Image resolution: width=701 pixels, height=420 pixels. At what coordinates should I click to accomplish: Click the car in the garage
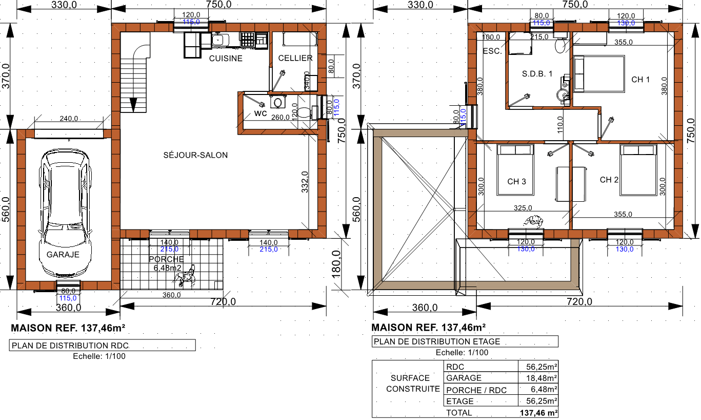[x=65, y=213]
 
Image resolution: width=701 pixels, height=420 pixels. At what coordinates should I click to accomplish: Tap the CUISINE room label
[x=226, y=59]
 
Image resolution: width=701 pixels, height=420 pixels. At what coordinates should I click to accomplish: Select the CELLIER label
[x=295, y=59]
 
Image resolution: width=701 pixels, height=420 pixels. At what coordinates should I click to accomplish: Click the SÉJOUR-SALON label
[x=195, y=155]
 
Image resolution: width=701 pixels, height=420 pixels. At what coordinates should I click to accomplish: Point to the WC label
[x=261, y=113]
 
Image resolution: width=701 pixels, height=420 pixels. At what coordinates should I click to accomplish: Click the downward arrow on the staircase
[x=133, y=105]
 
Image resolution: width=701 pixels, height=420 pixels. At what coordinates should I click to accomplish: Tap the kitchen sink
[x=218, y=41]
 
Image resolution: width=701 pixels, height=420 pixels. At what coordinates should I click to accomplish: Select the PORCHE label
[x=166, y=259]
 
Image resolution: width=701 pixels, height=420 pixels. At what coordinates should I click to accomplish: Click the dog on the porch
[x=185, y=276]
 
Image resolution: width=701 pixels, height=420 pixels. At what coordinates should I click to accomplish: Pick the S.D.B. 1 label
[x=537, y=74]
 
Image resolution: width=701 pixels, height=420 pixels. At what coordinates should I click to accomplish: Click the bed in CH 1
[x=599, y=74]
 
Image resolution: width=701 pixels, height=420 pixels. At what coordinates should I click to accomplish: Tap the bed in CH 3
[x=515, y=169]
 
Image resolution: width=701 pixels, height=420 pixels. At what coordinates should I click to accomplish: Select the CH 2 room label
[x=609, y=180]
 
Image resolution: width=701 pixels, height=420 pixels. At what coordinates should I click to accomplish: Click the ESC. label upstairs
[x=492, y=51]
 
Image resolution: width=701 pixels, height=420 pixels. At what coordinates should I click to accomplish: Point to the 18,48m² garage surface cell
[x=542, y=378]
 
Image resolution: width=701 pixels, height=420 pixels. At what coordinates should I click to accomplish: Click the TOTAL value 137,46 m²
[x=538, y=413]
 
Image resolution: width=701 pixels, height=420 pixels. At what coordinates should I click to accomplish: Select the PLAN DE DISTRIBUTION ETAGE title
[x=437, y=341]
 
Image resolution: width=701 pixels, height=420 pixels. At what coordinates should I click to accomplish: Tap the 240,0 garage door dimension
[x=69, y=119]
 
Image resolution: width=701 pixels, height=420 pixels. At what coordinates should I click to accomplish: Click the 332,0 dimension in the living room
[x=305, y=182]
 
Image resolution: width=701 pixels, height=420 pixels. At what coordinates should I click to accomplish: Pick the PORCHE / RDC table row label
[x=476, y=390]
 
